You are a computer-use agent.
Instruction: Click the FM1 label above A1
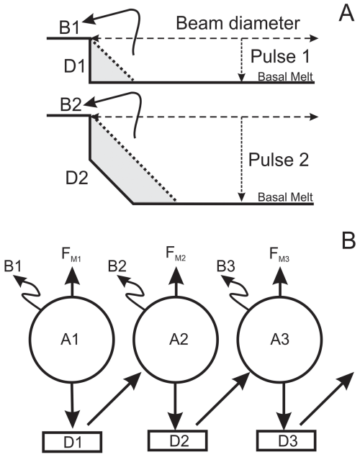click(71, 255)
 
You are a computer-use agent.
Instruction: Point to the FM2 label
click(176, 253)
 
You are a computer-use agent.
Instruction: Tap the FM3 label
click(279, 255)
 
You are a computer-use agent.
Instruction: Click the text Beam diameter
click(238, 23)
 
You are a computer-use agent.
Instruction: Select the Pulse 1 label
click(280, 56)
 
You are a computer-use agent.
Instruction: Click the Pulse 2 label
click(279, 160)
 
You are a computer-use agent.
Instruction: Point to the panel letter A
click(346, 14)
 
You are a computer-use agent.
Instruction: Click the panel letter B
click(348, 240)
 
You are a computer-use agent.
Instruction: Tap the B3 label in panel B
click(225, 266)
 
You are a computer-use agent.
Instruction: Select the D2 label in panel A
click(76, 178)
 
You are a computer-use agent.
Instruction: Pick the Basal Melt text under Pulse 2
click(285, 197)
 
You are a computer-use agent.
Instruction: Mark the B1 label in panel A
click(69, 28)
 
